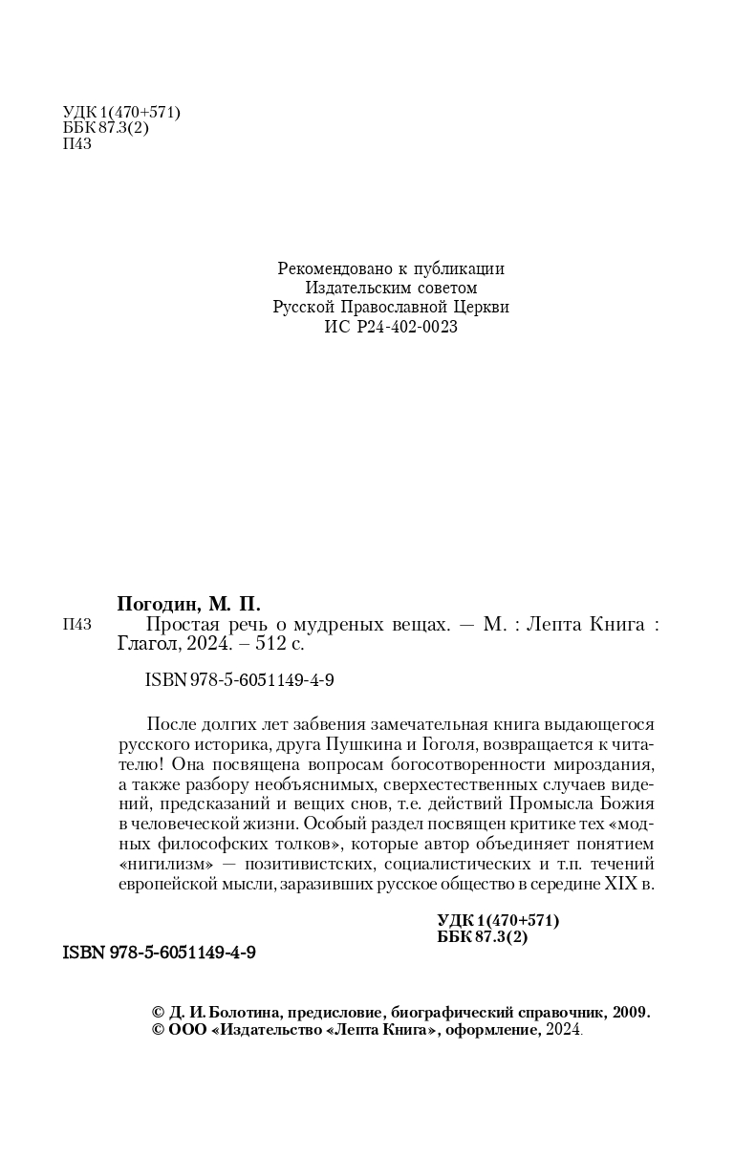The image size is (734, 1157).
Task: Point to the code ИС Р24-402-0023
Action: click(391, 327)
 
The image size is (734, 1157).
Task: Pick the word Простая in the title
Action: click(179, 624)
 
